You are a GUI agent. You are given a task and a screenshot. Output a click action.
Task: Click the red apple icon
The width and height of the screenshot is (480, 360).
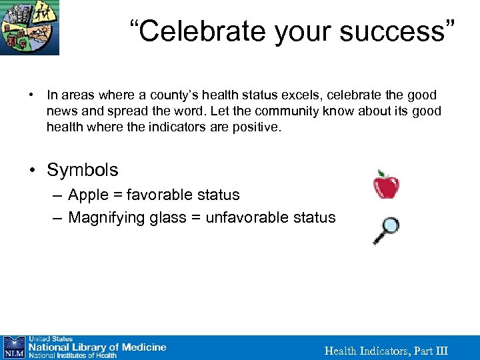386,185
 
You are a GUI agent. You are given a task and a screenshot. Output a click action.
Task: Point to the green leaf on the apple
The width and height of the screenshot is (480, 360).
381,173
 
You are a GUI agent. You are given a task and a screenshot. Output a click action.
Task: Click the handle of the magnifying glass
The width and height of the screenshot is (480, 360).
378,239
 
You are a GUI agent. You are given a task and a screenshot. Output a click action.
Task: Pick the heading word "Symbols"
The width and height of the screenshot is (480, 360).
82,170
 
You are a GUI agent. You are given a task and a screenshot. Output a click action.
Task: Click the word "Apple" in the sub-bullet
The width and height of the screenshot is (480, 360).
88,195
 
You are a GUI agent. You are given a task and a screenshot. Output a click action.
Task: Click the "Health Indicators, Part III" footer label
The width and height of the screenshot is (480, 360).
386,351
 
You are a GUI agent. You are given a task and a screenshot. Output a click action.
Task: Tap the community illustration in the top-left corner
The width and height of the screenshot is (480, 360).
29,27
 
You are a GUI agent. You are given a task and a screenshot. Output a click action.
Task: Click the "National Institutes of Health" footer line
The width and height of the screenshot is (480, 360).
72,355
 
